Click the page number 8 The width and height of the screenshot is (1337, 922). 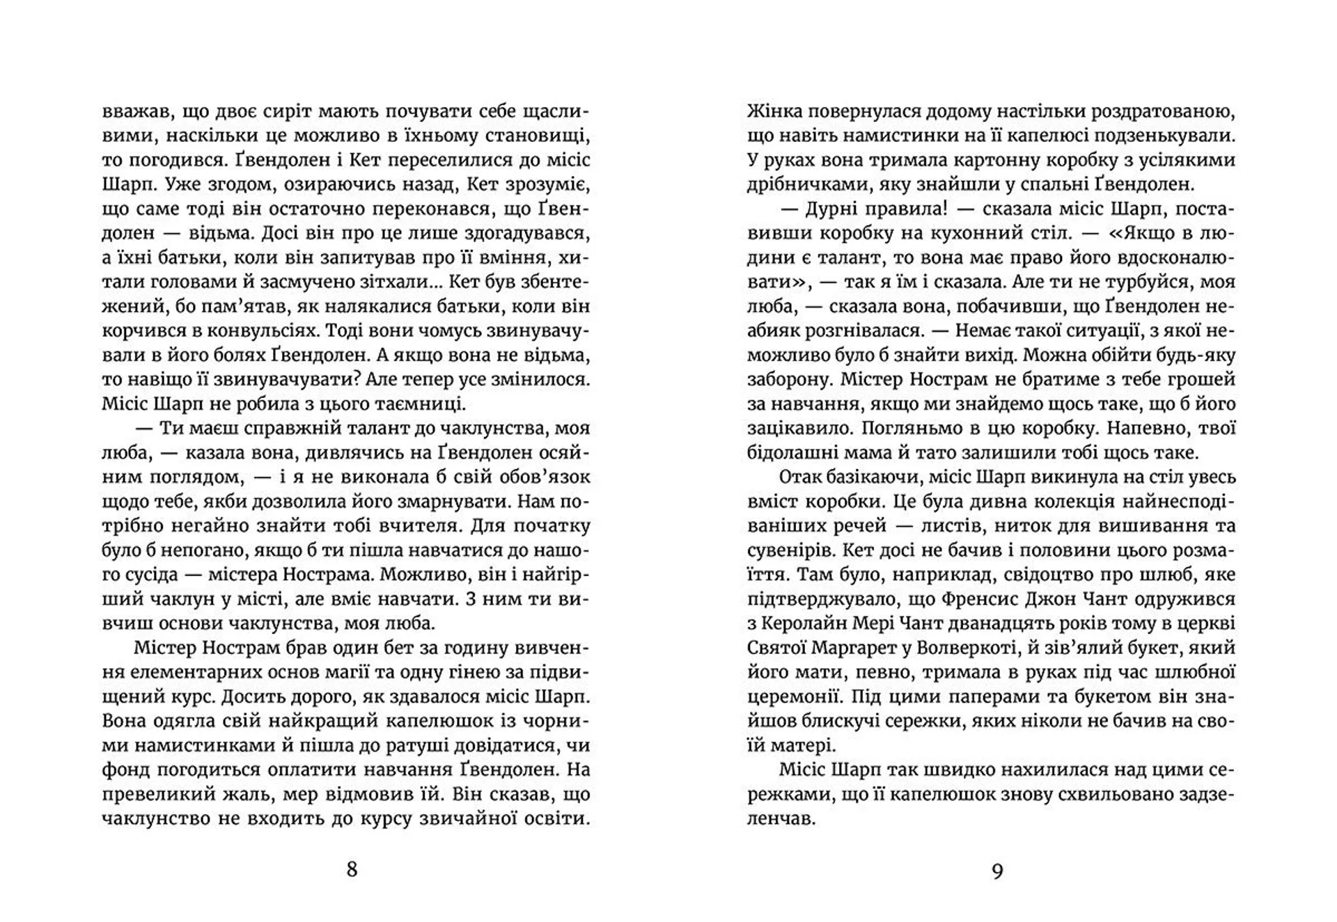pyautogui.click(x=352, y=869)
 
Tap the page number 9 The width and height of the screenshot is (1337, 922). pyautogui.click(x=997, y=871)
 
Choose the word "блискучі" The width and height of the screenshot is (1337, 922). pyautogui.click(x=854, y=721)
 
